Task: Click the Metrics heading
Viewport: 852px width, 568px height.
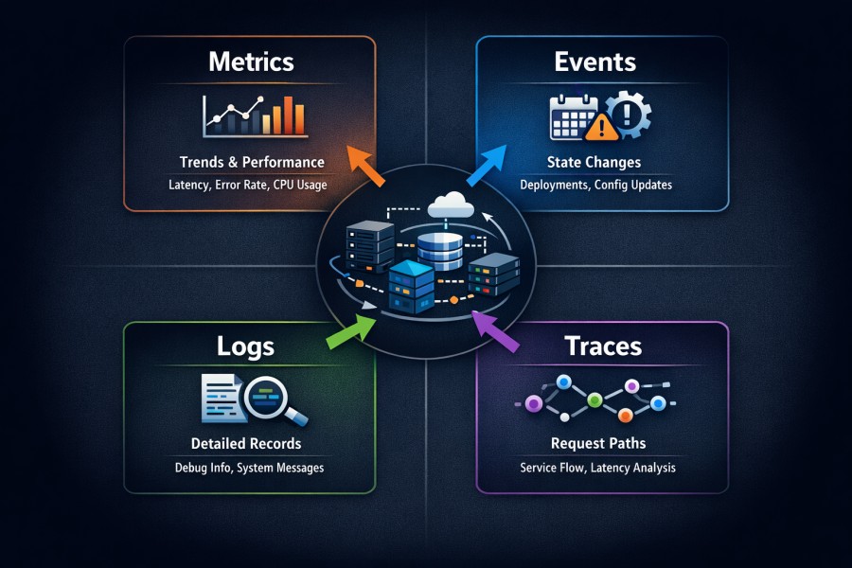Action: (251, 62)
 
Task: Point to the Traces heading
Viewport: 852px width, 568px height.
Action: (603, 346)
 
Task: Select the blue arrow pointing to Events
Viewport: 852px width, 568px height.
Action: (488, 165)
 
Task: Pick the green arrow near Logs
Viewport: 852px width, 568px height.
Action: (352, 330)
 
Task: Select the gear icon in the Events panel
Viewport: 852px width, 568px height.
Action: (628, 115)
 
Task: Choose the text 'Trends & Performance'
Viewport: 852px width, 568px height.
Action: (252, 162)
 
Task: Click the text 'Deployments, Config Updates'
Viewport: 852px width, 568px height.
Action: (596, 185)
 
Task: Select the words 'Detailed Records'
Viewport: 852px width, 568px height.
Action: (246, 443)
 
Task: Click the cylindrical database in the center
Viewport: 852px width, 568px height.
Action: (440, 246)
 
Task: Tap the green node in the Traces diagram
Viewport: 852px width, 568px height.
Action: (595, 400)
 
